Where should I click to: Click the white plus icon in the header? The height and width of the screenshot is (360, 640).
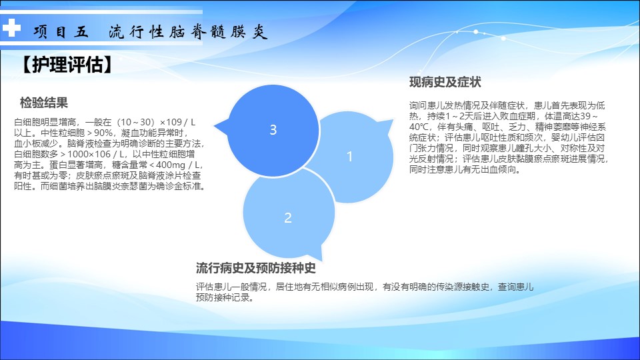(11, 28)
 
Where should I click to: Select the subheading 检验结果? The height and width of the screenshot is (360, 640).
(44, 103)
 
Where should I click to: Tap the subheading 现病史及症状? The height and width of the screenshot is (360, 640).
(445, 82)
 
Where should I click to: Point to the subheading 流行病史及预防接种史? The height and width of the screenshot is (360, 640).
(255, 268)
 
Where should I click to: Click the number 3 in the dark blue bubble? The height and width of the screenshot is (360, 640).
(273, 130)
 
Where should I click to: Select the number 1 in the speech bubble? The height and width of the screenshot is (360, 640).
(349, 156)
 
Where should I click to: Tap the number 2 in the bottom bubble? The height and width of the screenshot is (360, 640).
(288, 217)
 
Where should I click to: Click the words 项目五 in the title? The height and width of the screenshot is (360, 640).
(61, 31)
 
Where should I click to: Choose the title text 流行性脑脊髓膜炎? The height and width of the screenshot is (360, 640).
(188, 31)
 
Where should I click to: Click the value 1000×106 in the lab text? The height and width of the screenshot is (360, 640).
(89, 154)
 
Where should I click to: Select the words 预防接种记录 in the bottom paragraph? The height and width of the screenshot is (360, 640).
(223, 297)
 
